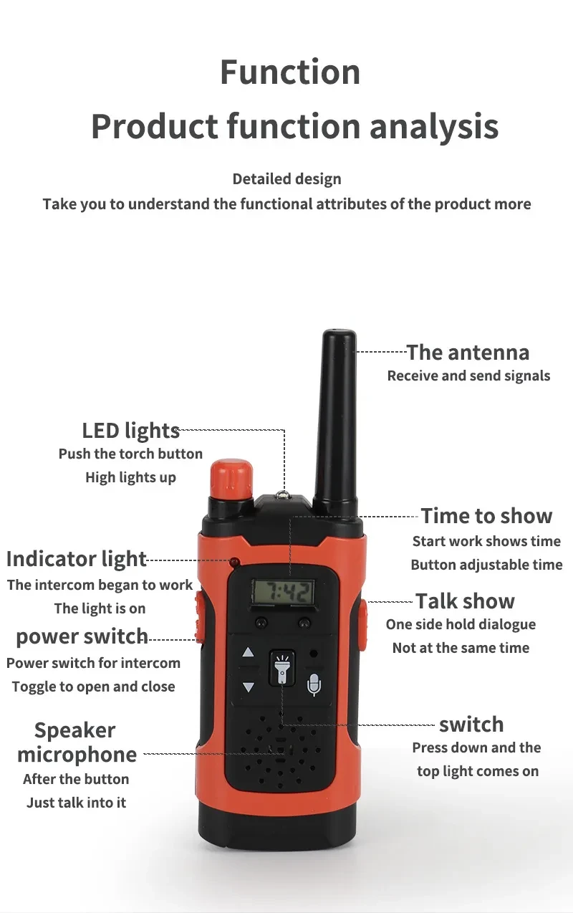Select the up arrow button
tap(248, 653)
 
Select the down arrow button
tap(248, 687)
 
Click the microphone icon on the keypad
tap(314, 684)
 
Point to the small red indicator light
tap(233, 562)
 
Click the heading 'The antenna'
tap(468, 352)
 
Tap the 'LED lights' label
tap(130, 430)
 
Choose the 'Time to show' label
tap(486, 516)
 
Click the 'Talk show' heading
tap(465, 601)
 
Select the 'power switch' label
tap(82, 636)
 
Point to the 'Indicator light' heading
tap(77, 559)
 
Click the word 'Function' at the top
tap(290, 72)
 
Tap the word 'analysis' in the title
tap(434, 126)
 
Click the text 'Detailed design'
tap(286, 179)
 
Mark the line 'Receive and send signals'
tap(468, 376)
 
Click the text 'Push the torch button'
tap(130, 454)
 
